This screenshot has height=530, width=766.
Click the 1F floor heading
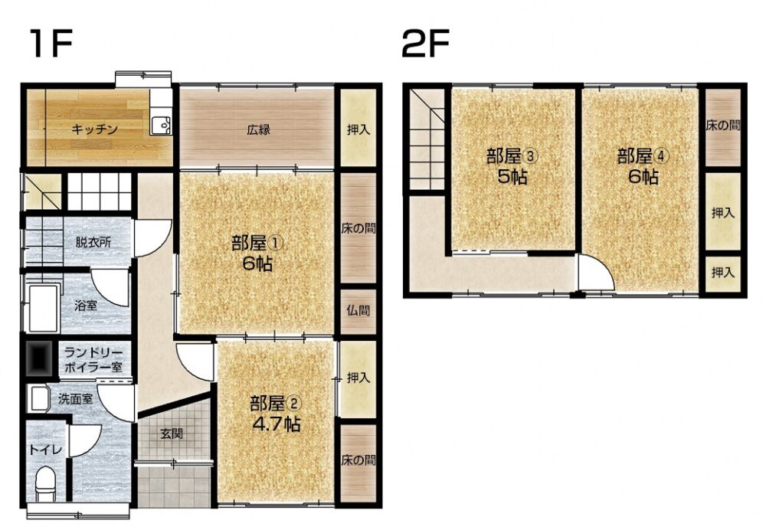pyautogui.click(x=51, y=43)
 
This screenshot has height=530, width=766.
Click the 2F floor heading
pyautogui.click(x=425, y=43)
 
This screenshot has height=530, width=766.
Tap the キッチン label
pyautogui.click(x=95, y=129)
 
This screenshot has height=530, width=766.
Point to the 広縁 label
pyautogui.click(x=258, y=130)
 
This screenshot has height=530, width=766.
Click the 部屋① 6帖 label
pyautogui.click(x=257, y=253)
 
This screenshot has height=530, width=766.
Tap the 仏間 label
pyautogui.click(x=358, y=311)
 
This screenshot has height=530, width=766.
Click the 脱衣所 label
pyautogui.click(x=93, y=242)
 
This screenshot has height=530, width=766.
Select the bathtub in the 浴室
pyautogui.click(x=44, y=308)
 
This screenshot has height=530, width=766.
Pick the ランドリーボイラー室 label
pyautogui.click(x=93, y=359)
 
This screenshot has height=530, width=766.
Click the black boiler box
pyautogui.click(x=39, y=358)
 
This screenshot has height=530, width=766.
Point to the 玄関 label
pyautogui.click(x=172, y=433)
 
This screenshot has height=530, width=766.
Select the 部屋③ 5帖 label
pyautogui.click(x=512, y=166)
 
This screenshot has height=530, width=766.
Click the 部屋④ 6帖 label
pyautogui.click(x=643, y=166)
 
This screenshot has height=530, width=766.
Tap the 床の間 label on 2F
pyautogui.click(x=722, y=126)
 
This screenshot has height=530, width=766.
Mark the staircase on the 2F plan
pyautogui.click(x=427, y=140)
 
